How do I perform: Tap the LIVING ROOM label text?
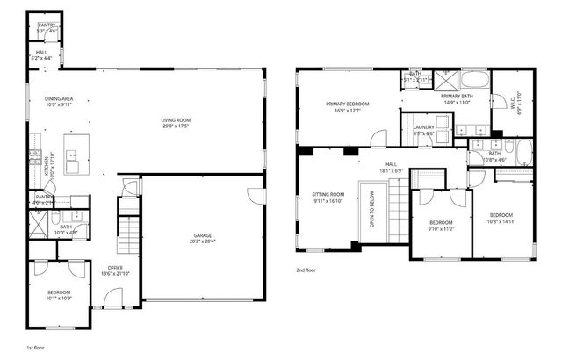[x=177, y=120]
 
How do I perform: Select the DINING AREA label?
[x=59, y=99]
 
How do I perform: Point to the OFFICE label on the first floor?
[x=115, y=268]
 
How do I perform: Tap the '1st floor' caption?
[x=36, y=349]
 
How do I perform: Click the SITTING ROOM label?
[x=328, y=194]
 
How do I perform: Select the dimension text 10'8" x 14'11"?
[x=501, y=222]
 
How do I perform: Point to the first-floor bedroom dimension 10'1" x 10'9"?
[x=59, y=298]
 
